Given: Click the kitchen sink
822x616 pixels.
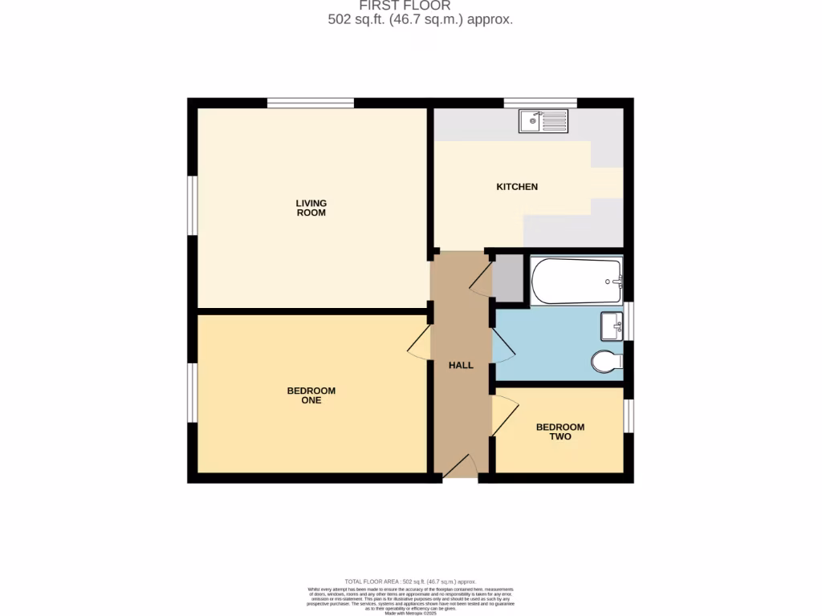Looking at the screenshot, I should point(543,122).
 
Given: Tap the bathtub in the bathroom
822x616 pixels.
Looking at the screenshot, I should point(576,281).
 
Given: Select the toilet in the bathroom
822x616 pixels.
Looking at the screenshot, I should point(607,363).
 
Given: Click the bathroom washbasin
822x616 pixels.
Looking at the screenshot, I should point(612,326).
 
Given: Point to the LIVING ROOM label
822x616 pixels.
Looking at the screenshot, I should point(311,209).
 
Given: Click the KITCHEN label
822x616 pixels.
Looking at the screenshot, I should point(517,187).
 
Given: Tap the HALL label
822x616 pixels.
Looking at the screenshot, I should point(461,365).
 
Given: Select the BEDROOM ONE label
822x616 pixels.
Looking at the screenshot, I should point(311,395).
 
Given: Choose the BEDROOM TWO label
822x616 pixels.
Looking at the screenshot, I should point(560,432).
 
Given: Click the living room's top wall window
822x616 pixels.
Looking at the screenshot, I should point(311,103).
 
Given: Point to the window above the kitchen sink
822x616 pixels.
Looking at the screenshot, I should point(540,103).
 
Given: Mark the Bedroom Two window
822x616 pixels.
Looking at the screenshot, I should point(629,415).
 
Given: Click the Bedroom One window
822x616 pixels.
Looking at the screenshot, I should point(193,392).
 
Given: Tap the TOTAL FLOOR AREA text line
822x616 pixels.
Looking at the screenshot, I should point(410,582).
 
